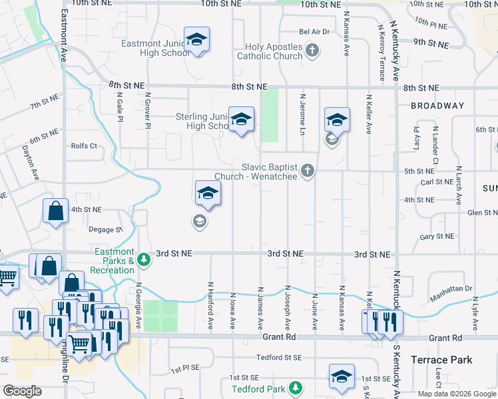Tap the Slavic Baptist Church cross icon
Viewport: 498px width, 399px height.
pos(307,171)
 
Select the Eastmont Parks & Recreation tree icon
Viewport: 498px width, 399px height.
pos(142,259)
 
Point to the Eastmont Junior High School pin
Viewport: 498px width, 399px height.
pos(196,41)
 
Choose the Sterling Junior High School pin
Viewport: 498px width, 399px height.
pos(241,121)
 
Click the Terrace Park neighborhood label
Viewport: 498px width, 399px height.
pos(441,360)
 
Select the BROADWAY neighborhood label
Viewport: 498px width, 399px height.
pos(437,106)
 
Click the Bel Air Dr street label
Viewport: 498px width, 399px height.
pos(314,32)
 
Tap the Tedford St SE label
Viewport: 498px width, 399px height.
pos(280,357)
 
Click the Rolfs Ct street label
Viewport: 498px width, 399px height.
pos(85,146)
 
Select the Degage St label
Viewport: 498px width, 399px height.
pos(106,229)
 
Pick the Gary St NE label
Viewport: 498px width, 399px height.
pos(437,237)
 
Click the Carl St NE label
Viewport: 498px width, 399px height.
pos(437,182)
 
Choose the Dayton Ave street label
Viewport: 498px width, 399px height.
pos(31,163)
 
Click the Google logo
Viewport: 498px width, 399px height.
pos(22,391)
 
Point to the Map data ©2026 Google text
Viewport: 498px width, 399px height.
pos(457,394)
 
